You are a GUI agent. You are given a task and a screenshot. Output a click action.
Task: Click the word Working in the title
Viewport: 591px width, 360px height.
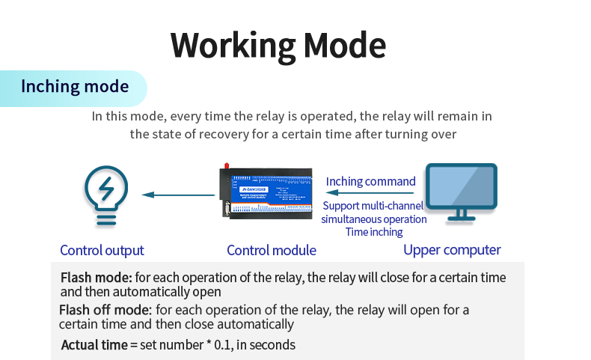233,46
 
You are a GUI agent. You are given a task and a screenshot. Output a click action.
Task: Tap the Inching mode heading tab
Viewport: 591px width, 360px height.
75,87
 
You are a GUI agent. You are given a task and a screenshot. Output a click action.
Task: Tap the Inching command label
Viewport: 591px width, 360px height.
370,181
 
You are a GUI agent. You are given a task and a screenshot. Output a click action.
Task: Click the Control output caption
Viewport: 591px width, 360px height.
102,251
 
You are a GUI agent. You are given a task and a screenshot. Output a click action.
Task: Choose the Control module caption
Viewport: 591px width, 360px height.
272,251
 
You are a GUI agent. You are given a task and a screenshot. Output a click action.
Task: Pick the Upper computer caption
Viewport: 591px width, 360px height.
452,250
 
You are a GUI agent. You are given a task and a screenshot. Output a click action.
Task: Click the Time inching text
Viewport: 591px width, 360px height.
374,233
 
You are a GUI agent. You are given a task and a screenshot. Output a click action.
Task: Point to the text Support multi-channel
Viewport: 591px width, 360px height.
373,206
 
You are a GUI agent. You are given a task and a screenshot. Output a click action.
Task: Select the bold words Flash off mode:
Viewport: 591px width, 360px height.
105,310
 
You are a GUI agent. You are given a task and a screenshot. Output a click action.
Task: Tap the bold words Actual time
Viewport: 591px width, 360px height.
94,345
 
